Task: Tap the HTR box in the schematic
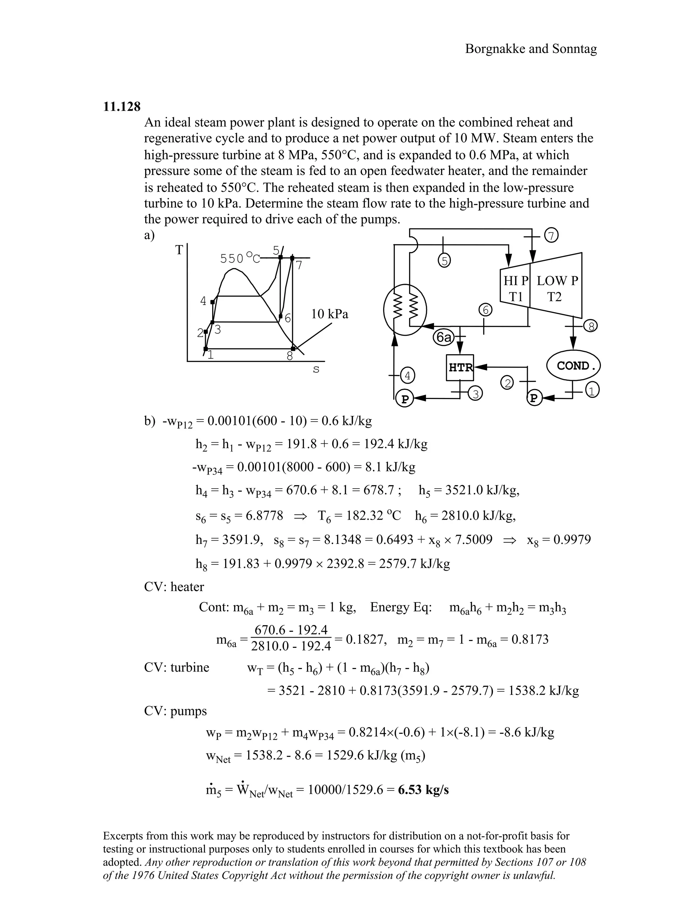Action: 460,367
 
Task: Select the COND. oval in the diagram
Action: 574,365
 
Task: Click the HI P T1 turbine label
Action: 515,289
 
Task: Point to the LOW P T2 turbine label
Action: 557,289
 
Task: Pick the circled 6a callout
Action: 443,337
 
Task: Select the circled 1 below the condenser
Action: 592,390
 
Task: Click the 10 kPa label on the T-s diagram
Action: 330,314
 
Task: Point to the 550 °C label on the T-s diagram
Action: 239,258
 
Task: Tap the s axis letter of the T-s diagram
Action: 316,369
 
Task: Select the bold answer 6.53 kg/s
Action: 423,790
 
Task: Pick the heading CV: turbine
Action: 177,667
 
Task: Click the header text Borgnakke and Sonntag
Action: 531,49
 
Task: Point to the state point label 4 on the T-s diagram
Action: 203,301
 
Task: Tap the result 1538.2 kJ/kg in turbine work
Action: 543,691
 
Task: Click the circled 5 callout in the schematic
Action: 444,261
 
